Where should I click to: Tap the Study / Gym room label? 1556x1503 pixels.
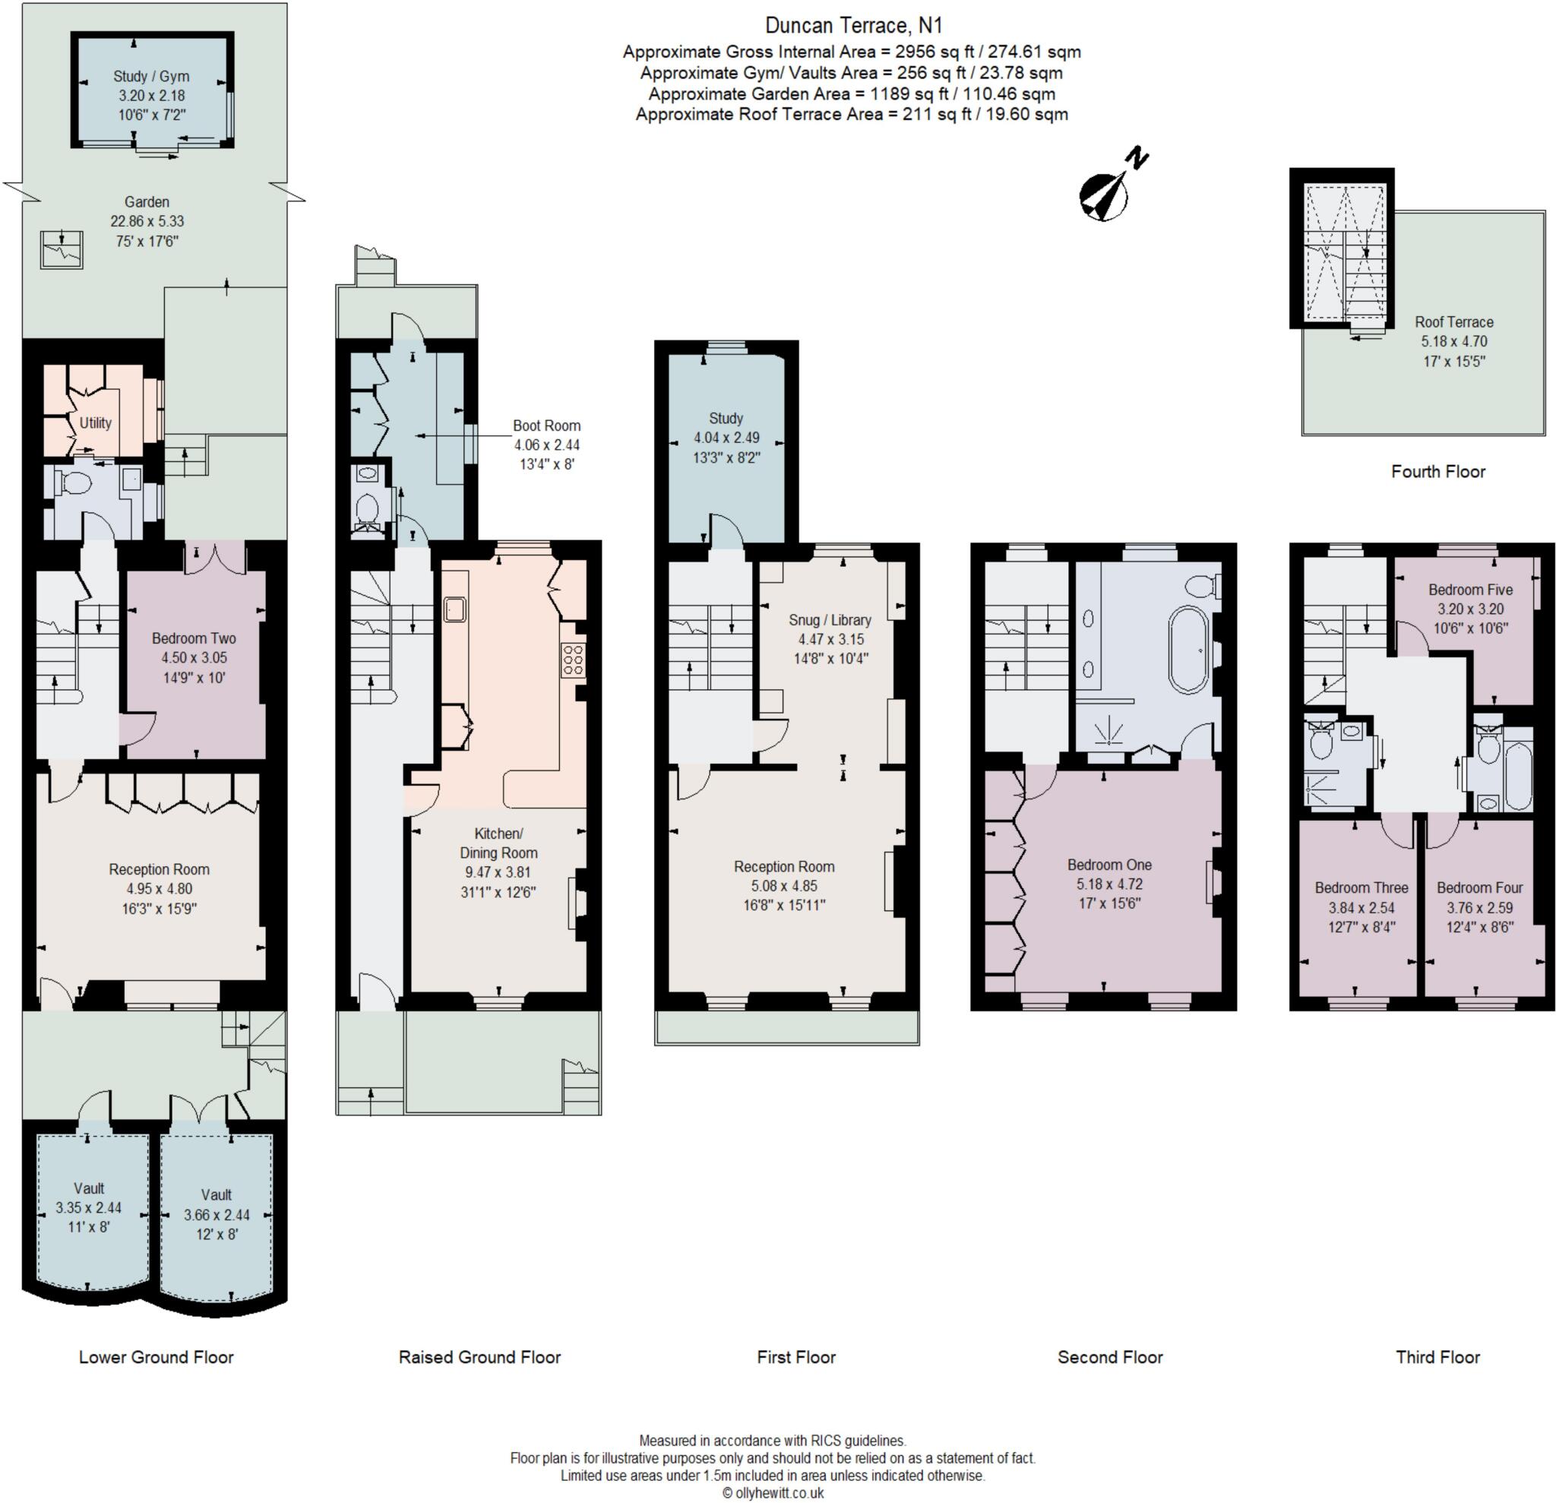click(151, 76)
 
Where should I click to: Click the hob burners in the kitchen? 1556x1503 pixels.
click(572, 659)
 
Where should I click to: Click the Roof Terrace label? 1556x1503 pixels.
click(1453, 321)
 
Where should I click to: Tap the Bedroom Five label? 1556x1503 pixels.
click(1470, 589)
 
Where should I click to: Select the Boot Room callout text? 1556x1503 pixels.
click(546, 426)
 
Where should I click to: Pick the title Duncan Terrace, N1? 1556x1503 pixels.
click(853, 25)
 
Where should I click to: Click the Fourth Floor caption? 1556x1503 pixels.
click(1437, 472)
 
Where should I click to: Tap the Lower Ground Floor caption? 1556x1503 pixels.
click(157, 1357)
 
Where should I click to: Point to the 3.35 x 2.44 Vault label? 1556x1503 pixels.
click(88, 1207)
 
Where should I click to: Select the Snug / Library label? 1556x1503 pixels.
click(830, 619)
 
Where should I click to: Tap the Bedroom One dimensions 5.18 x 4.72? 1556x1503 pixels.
click(1109, 884)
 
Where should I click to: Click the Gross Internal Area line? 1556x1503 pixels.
click(851, 52)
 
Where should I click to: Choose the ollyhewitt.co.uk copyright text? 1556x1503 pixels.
click(773, 1492)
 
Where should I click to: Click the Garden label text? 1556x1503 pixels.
click(147, 201)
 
